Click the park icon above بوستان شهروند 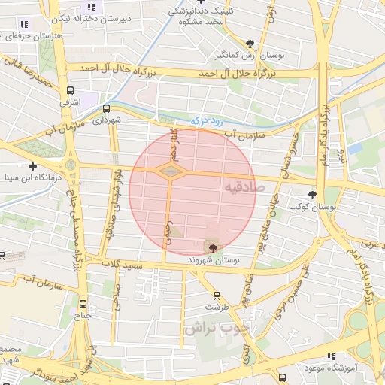point(213,247)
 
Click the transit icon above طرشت point(217,296)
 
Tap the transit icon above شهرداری point(106,108)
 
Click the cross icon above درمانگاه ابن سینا point(32,166)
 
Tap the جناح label point(83,315)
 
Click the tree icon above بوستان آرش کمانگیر point(250,44)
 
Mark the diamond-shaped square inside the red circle point(172,172)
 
